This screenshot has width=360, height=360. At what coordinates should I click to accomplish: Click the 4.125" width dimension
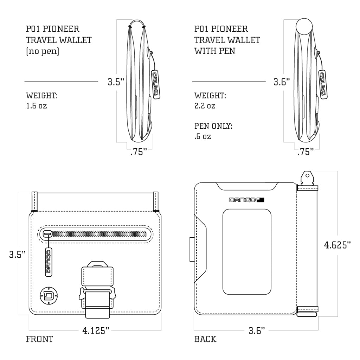pos(96,330)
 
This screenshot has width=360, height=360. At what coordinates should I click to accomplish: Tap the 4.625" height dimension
pos(337,245)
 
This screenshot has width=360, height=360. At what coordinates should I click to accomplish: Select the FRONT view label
pos(39,339)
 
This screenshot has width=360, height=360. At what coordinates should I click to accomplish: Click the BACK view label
pos(205,339)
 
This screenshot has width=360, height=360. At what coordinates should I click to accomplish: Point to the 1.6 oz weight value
pos(36,105)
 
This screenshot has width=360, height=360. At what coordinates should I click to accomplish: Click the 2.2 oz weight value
pos(205,105)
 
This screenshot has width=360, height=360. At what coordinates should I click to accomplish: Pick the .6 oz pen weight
pos(203,136)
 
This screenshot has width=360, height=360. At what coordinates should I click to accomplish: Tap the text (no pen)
pos(43,51)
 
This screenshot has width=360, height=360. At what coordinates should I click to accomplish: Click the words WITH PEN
pos(215,51)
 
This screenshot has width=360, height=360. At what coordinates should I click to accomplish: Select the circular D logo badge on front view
pos(48,294)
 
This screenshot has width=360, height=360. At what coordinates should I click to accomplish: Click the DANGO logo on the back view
pos(246,200)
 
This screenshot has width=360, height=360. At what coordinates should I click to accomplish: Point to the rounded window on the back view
pos(247,251)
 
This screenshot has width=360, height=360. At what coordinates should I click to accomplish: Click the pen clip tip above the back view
pos(308,176)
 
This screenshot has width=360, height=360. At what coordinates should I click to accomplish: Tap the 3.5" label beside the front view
pos(18,254)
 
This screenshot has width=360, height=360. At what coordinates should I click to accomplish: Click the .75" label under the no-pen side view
pos(138,153)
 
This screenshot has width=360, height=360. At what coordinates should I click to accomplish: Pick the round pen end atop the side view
pos(304,27)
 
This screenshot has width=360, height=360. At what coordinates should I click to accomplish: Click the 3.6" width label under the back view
pos(257,330)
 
